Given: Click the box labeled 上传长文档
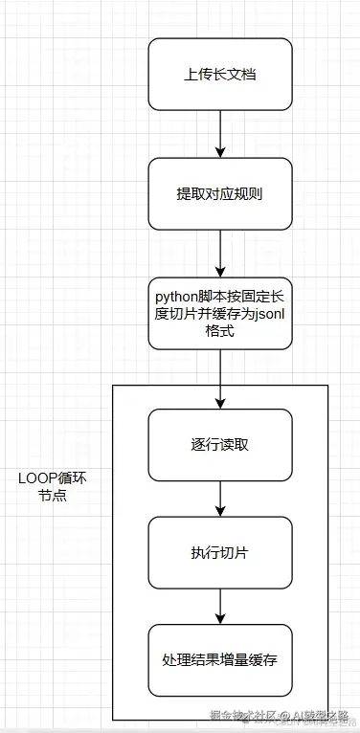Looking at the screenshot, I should click(220, 74).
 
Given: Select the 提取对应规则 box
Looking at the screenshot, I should click(220, 193).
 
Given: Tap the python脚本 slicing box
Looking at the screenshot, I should click(220, 313).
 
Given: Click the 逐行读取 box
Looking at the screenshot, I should click(220, 445).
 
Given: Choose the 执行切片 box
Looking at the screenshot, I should click(220, 552).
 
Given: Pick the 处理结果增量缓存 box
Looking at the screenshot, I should click(220, 660).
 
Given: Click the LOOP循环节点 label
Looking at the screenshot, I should click(52, 487).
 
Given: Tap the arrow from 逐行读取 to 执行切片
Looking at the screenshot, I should click(220, 498).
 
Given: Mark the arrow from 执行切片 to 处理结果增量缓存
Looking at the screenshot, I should click(220, 606).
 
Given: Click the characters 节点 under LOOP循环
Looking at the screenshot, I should click(52, 498).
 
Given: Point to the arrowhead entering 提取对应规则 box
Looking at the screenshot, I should click(220, 152).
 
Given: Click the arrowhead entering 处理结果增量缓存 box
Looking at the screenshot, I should click(220, 619).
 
